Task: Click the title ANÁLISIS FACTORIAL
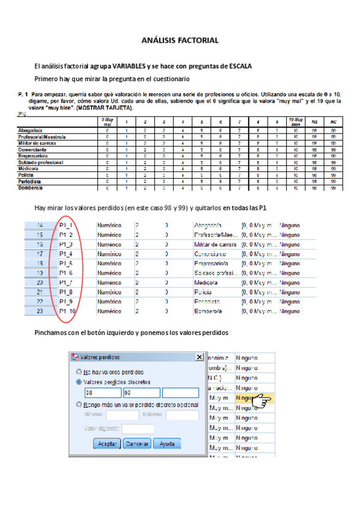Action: click(180, 40)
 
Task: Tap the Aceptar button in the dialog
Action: click(107, 443)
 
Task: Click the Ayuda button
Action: click(167, 443)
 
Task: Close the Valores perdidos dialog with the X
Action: click(200, 357)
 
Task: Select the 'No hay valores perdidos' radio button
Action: click(80, 372)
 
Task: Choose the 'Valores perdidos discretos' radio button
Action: click(80, 381)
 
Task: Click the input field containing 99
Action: click(141, 393)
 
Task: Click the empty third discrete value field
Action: click(179, 393)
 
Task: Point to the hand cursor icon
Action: click(263, 401)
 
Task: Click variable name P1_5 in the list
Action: click(66, 263)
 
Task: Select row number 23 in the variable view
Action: click(40, 312)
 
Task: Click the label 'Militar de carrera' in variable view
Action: click(214, 244)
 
